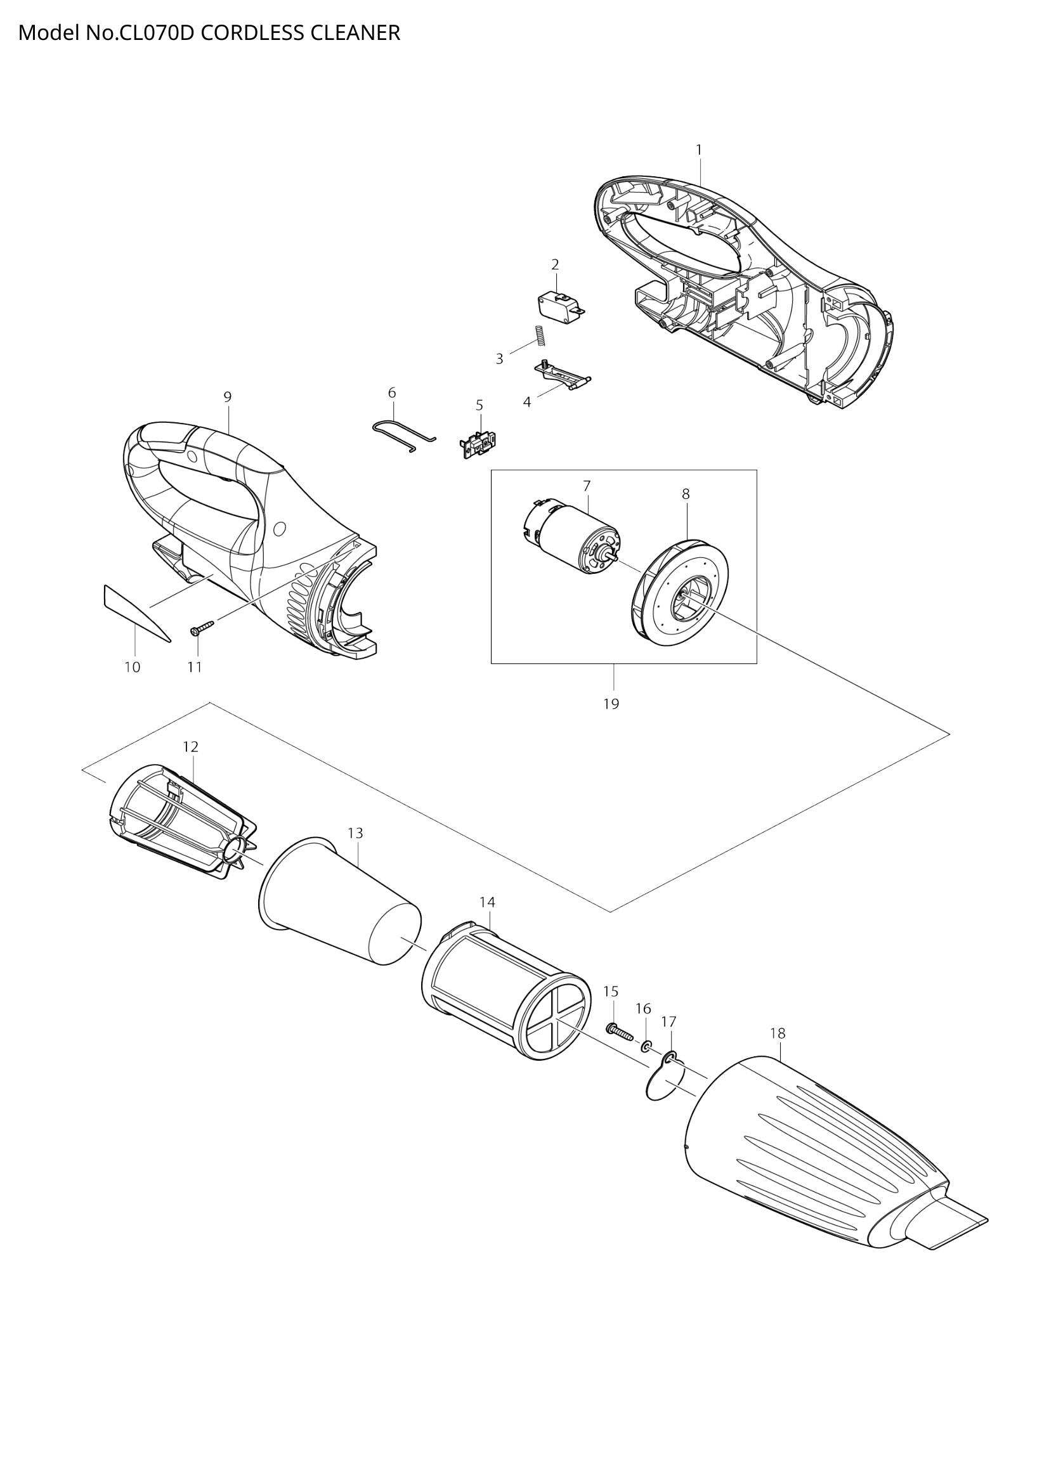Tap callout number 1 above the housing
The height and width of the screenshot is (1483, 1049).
[x=698, y=150]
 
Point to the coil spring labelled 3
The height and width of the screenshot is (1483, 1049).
[x=538, y=336]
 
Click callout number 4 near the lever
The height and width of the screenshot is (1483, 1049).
[x=527, y=403]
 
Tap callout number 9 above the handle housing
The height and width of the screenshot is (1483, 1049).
[x=228, y=398]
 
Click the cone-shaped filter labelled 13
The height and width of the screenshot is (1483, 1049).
[x=341, y=903]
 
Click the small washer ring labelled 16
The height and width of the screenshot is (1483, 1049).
[x=646, y=1046]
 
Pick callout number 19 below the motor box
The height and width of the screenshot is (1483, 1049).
[x=611, y=704]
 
